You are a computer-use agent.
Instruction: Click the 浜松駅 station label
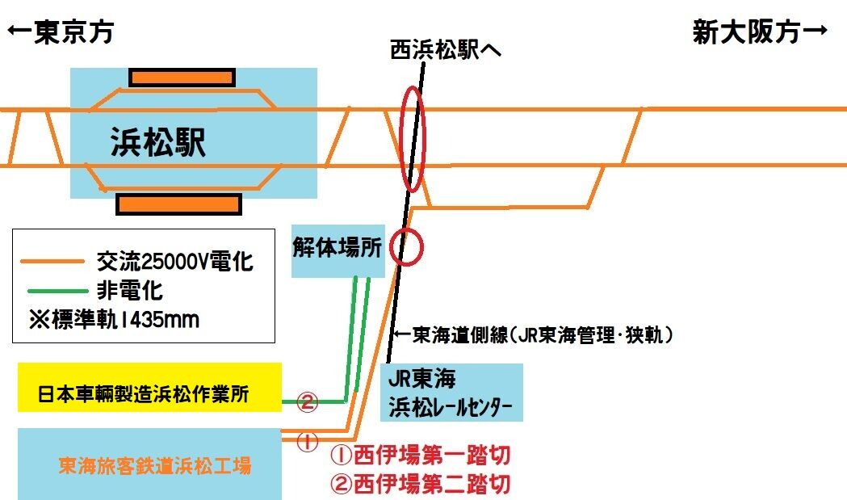point(158,144)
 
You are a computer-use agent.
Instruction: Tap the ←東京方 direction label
point(61,32)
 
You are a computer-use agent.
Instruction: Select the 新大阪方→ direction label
point(760,32)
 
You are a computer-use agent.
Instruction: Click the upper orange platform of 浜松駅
point(182,78)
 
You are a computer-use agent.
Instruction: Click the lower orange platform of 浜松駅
point(178,204)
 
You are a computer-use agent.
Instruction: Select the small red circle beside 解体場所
point(405,247)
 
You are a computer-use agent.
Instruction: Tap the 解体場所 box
point(338,250)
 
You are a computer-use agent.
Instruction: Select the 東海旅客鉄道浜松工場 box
point(149,464)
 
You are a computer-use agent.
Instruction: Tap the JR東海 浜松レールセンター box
point(451,392)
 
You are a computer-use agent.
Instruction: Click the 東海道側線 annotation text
point(533,334)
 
